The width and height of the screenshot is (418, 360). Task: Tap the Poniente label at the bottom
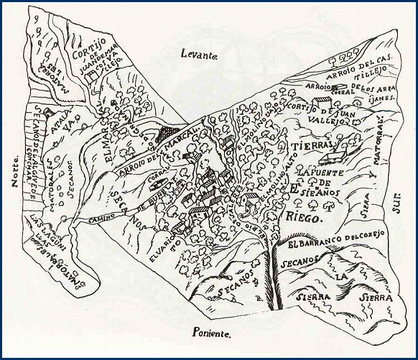[212, 333]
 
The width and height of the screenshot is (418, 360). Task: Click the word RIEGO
[305, 213]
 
